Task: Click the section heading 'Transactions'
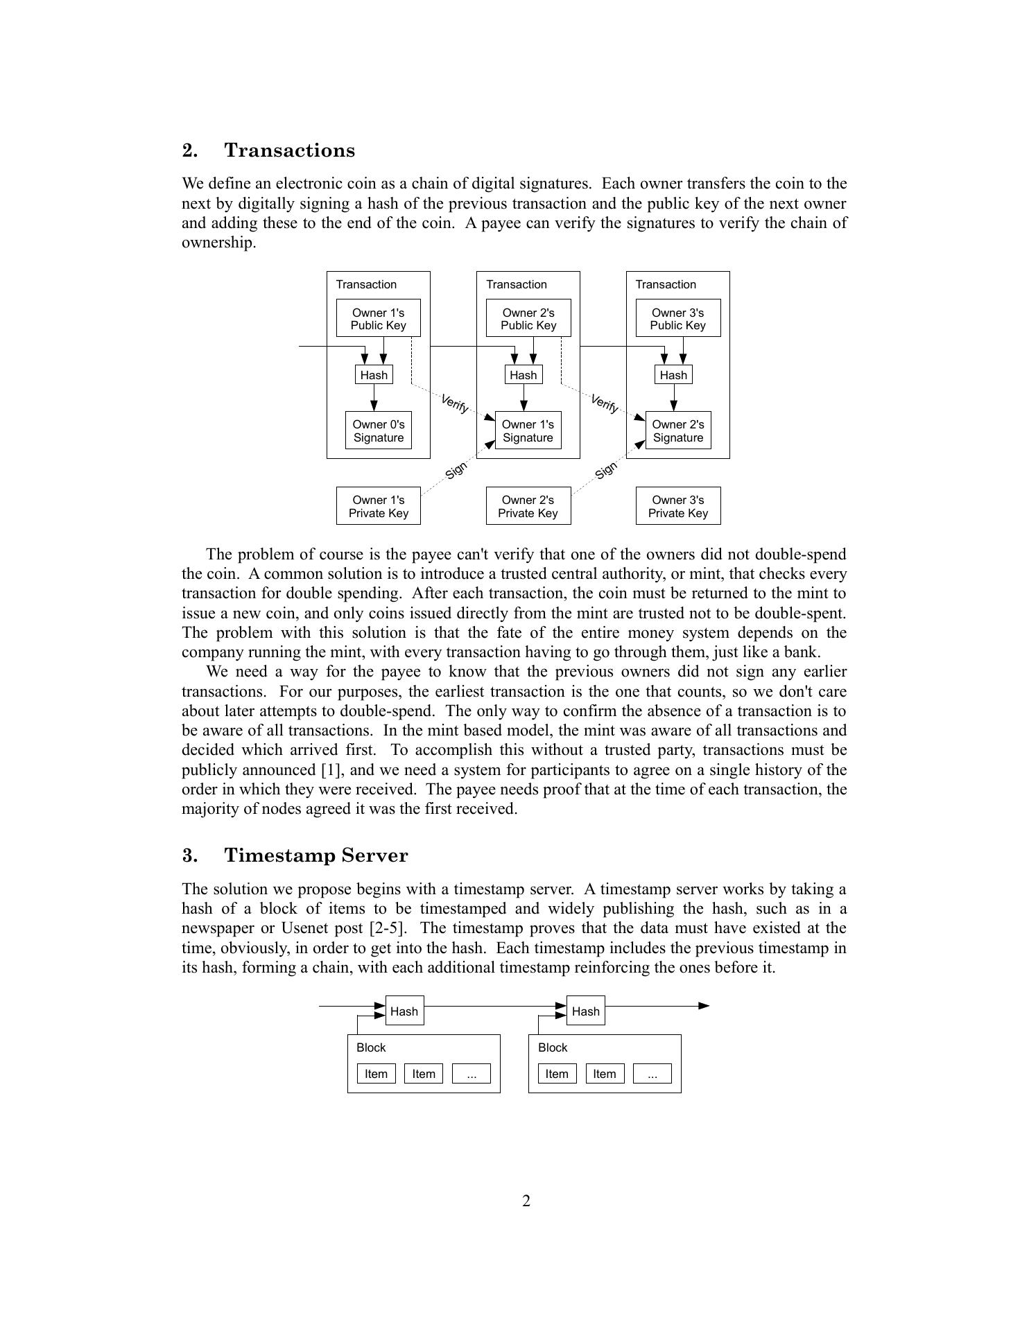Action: (x=289, y=150)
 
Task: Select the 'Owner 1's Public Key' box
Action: (x=378, y=318)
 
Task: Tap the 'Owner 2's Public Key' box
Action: (x=528, y=318)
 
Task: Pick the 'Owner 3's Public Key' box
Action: (x=677, y=318)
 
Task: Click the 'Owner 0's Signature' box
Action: (x=378, y=430)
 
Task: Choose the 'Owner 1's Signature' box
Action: (x=528, y=430)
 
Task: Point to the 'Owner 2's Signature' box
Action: (x=677, y=430)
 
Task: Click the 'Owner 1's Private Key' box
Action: (x=378, y=506)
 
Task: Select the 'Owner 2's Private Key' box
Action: (x=528, y=506)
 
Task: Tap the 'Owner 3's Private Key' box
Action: (x=677, y=506)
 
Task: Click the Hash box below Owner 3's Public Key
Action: (x=673, y=375)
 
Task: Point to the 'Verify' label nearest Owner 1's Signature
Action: (x=455, y=403)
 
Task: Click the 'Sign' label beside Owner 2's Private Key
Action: (x=606, y=470)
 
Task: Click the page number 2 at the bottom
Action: (x=526, y=1201)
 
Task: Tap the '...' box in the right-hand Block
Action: (x=652, y=1074)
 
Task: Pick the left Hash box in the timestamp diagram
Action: (x=404, y=1011)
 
